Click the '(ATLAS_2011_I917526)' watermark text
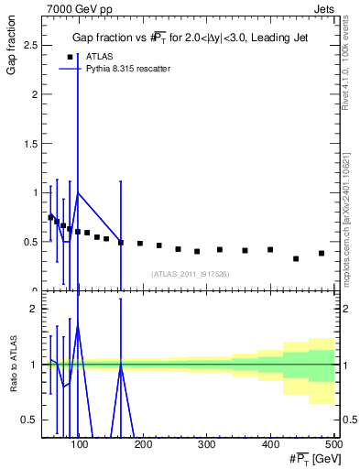pos(190,273)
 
